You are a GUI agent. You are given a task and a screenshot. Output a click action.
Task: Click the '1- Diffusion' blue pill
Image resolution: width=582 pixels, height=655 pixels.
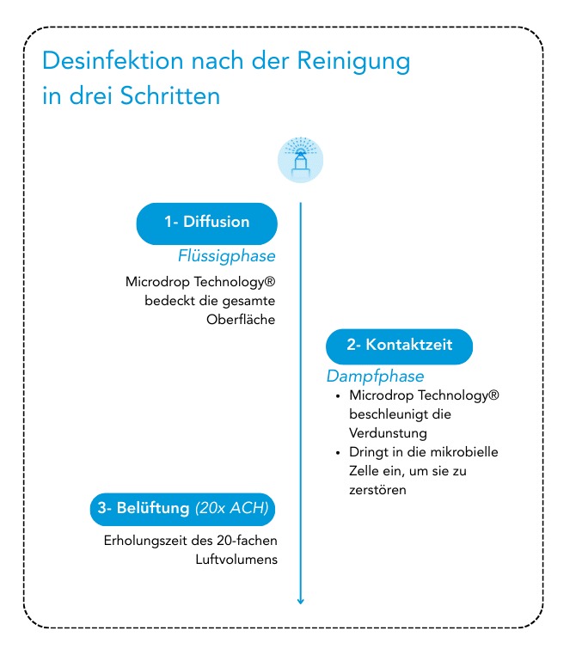[x=206, y=223]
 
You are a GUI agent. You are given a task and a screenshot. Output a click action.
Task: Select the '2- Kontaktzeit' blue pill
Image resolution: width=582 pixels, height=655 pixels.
[x=399, y=346]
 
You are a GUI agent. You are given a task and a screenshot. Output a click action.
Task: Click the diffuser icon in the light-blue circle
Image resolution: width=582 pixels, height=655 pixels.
[x=300, y=159]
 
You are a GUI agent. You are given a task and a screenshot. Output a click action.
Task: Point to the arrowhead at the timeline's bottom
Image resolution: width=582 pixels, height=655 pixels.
[x=300, y=600]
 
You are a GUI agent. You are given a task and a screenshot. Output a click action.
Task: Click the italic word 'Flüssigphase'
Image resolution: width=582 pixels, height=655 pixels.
[x=227, y=256]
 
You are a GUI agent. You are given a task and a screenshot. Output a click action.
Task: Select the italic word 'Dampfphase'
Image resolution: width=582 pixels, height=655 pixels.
[x=375, y=376]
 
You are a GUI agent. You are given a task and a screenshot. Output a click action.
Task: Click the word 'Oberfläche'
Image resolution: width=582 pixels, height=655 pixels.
[x=241, y=320]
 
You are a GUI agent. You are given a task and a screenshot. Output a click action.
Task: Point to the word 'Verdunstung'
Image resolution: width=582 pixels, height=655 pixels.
[x=388, y=433]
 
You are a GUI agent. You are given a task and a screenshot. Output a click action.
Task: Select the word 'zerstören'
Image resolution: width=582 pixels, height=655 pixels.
[x=377, y=490]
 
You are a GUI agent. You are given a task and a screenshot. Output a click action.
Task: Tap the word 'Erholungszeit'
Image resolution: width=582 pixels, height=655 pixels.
[x=144, y=541]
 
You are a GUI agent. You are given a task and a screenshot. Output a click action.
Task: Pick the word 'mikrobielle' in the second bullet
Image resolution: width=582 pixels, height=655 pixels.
[x=465, y=452]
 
